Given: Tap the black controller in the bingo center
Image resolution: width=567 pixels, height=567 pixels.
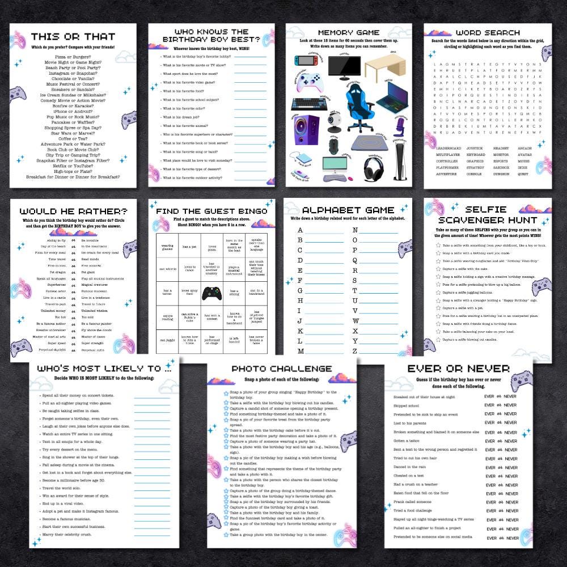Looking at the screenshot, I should tap(211, 293).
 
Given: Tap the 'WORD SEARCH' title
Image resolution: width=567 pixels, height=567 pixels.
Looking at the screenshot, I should tap(487, 33).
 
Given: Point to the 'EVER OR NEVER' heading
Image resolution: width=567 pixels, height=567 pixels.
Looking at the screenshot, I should tap(456, 369).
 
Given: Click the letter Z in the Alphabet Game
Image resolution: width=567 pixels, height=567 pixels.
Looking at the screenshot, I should tap(355, 352).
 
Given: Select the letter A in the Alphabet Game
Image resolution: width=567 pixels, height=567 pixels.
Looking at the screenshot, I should tap(300, 230).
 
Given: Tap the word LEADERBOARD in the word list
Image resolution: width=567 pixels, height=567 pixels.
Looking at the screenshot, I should tap(448, 148).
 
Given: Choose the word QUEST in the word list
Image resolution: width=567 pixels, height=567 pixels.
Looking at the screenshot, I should tap(522, 174).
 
